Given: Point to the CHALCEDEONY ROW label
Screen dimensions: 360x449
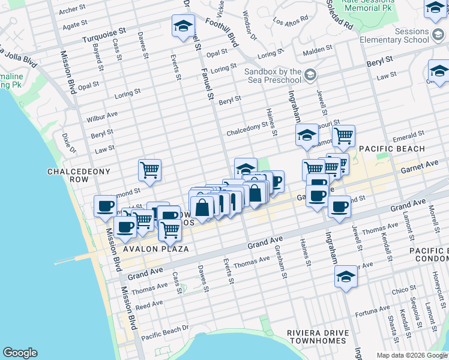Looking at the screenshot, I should coord(79,176).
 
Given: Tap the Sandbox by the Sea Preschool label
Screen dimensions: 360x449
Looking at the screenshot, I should coord(272,76).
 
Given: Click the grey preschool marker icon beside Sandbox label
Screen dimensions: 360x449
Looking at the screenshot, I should coord(310,76).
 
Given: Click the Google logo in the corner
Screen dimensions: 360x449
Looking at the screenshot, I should coord(20,353).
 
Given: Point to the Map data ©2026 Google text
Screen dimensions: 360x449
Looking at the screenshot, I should coord(412,355).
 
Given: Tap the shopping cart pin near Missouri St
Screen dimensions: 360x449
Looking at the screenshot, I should coord(343,136).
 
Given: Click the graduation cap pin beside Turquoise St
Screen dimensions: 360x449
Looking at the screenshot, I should coord(183,26).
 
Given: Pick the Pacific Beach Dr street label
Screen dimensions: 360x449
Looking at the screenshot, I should coord(164,331).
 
